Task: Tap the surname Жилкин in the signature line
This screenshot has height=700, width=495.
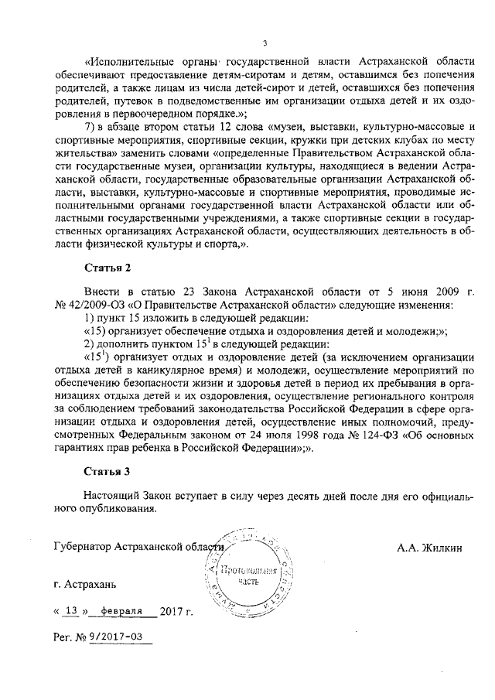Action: coord(440,548)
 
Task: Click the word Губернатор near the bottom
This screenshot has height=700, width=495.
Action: coord(80,548)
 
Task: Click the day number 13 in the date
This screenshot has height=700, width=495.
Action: coord(72,611)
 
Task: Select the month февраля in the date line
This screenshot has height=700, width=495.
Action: coord(122,611)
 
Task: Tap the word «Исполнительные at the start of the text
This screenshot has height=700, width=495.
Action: coord(131,60)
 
